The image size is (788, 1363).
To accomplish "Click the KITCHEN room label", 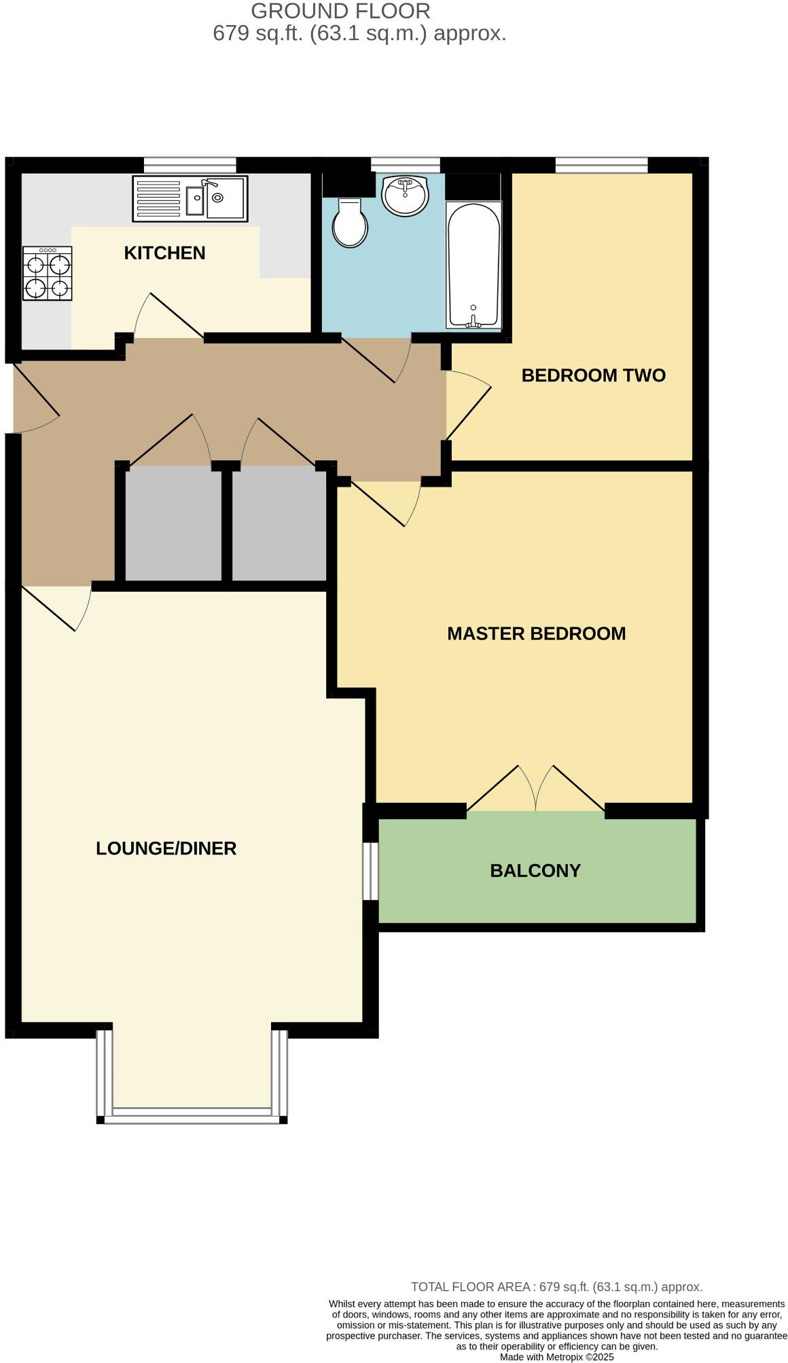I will click(164, 253).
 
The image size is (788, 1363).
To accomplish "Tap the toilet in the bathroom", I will click(351, 223).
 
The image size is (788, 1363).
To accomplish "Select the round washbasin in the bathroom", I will click(405, 195).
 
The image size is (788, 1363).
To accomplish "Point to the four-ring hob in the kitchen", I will click(48, 273).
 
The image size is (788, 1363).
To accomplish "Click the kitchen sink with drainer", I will click(190, 198).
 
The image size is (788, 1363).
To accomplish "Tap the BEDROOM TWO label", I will click(593, 375).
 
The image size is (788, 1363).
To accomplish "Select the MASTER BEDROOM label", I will click(536, 634).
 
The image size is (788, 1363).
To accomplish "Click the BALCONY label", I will click(535, 871).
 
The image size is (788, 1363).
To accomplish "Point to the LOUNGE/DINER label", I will click(166, 848).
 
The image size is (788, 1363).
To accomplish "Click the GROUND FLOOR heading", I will click(340, 11).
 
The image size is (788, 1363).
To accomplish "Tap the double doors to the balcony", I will click(536, 791).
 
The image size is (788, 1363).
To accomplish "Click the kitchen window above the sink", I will click(190, 165).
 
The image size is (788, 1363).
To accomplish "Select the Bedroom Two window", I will click(601, 165).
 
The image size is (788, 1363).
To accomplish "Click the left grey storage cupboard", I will click(174, 523).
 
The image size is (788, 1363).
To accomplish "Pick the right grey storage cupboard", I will click(279, 523).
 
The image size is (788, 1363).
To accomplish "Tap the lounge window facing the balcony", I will click(370, 871).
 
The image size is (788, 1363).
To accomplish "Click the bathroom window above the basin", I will click(406, 165).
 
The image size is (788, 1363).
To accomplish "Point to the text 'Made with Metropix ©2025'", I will click(556, 1357).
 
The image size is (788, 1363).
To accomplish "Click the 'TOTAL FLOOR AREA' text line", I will click(556, 1287).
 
